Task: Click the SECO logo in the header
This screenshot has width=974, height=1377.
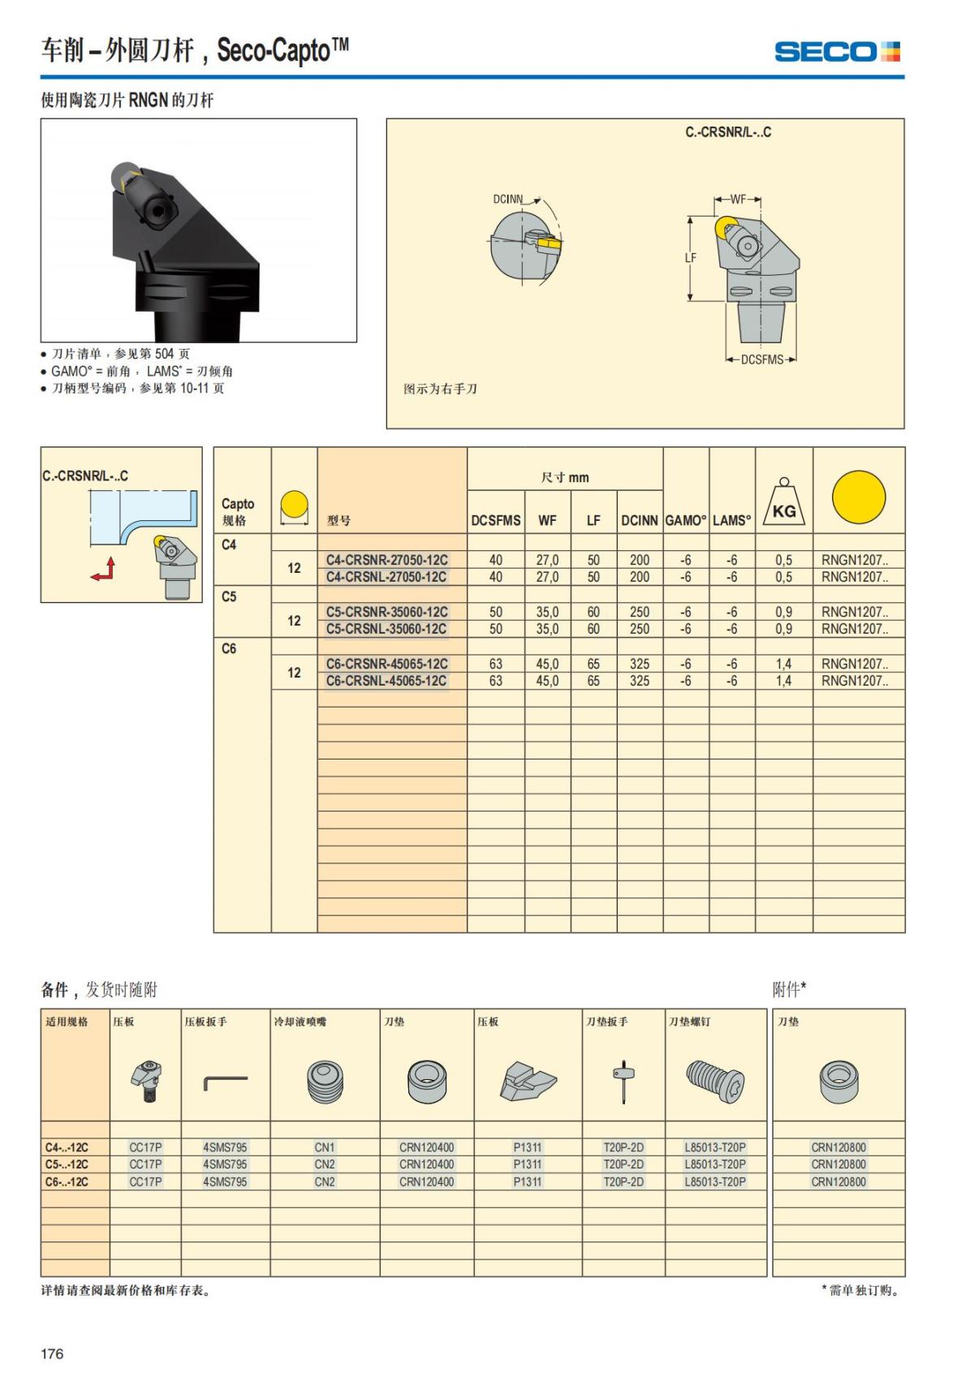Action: click(x=837, y=52)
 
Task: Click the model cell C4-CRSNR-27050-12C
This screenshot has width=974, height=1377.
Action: click(x=386, y=560)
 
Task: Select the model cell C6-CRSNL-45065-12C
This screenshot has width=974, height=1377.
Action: click(x=386, y=681)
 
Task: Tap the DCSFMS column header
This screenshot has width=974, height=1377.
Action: click(x=496, y=520)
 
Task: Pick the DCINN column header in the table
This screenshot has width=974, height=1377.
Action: click(x=640, y=520)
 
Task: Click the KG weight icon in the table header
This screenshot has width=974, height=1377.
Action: click(x=783, y=503)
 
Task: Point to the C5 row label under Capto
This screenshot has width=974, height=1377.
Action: click(x=230, y=596)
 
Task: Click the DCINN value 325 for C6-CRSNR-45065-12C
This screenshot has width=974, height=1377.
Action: click(x=640, y=664)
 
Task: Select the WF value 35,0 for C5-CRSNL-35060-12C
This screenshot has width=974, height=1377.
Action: click(x=547, y=629)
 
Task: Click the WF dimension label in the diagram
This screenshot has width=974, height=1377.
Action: click(x=738, y=199)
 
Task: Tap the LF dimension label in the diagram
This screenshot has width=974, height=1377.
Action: click(x=691, y=258)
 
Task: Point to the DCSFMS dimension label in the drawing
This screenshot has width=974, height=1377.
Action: click(x=761, y=359)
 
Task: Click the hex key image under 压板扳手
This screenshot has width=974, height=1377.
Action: click(x=225, y=1082)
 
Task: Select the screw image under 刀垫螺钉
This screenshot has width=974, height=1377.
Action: click(x=715, y=1081)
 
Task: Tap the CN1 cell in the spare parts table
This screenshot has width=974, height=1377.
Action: click(x=325, y=1147)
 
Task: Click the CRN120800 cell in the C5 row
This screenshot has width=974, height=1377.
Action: click(x=838, y=1164)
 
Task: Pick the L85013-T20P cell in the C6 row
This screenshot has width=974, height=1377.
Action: click(x=715, y=1182)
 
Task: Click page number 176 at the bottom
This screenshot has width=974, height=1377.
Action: click(x=52, y=1353)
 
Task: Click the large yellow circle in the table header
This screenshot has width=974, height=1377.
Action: click(x=859, y=497)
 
